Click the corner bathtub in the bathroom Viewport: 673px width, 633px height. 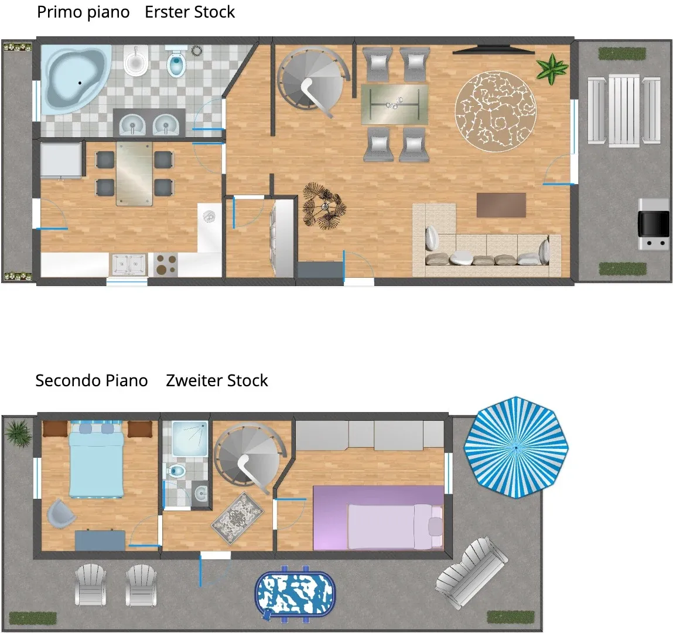(77, 78)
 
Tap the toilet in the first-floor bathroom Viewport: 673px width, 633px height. (176, 62)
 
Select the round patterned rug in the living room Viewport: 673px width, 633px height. (496, 111)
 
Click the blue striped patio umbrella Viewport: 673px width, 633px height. (516, 447)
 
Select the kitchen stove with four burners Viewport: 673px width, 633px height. (166, 264)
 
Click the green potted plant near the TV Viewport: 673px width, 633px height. (552, 69)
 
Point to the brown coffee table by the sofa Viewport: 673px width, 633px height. (501, 205)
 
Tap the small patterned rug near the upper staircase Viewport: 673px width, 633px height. (237, 518)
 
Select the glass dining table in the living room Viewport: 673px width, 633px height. (394, 104)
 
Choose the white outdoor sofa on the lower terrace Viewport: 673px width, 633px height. (472, 571)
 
